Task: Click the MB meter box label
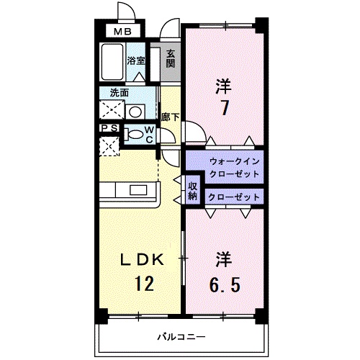(x=120, y=32)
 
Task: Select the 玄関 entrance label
(x=170, y=58)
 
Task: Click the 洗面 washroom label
(x=120, y=92)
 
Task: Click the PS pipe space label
(x=109, y=128)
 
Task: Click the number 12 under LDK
(x=143, y=284)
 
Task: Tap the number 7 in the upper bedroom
(x=225, y=107)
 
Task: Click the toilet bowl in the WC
(x=134, y=134)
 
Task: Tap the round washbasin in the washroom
(x=135, y=112)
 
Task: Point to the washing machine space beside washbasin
(x=111, y=110)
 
